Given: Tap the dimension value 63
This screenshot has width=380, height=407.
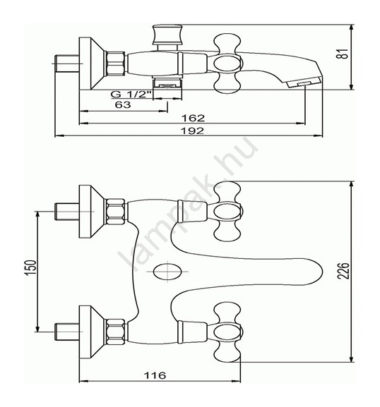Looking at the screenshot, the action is click(123, 104).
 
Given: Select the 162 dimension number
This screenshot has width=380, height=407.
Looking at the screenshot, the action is click(193, 118).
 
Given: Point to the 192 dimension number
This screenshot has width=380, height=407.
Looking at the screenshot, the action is click(192, 130).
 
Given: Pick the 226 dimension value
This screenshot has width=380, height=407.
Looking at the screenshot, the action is click(343, 271).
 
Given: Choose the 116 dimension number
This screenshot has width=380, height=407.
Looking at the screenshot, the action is click(155, 375).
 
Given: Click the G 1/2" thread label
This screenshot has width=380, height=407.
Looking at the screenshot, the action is click(131, 94).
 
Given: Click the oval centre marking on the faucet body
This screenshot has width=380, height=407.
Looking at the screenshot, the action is click(167, 272).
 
